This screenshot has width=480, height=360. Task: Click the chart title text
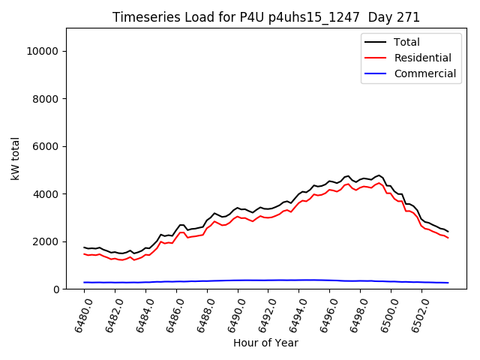point(266,17)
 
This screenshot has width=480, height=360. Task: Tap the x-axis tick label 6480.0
point(78,313)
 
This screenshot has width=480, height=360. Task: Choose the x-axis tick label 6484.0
point(139,313)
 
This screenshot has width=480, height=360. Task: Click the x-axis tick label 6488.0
point(201,313)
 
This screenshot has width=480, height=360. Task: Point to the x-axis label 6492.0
point(262,313)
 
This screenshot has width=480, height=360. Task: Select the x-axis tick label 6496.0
point(324,313)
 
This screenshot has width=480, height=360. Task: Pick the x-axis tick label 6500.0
point(385,313)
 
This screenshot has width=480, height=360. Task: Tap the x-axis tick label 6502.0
point(416,313)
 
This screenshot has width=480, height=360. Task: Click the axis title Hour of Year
point(265,343)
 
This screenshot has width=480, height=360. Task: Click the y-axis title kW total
point(15,158)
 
